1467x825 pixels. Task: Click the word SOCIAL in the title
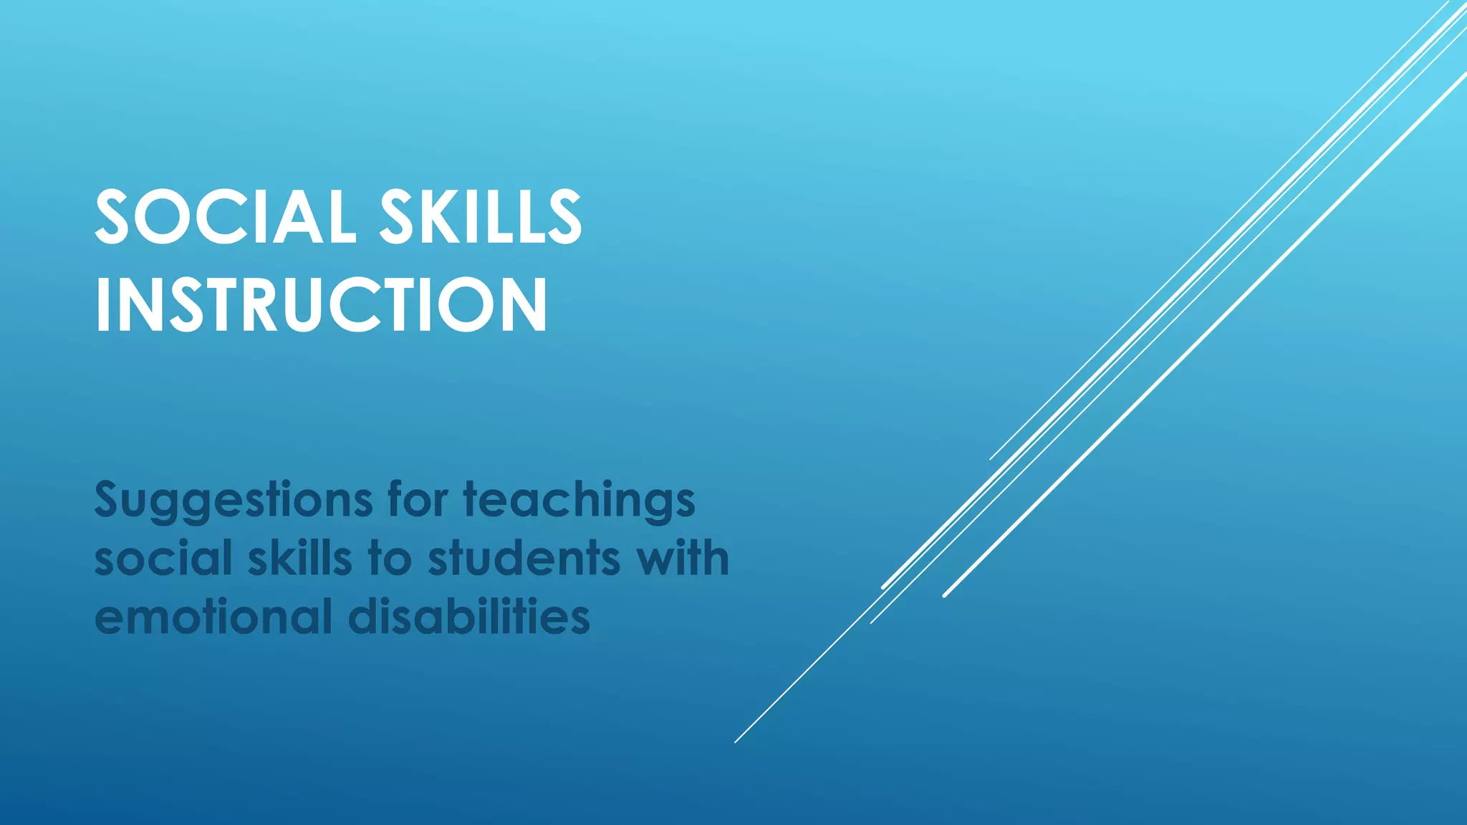coord(225,216)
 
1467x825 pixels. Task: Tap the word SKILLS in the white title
coord(481,216)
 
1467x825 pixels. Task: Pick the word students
coord(524,559)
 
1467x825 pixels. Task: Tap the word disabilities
coord(469,617)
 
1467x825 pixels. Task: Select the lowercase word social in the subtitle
coord(163,559)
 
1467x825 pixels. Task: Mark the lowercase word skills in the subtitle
coord(300,559)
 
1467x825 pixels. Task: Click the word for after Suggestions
coord(418,499)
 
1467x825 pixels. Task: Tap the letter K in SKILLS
coord(434,216)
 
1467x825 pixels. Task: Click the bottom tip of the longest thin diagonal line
coord(736,742)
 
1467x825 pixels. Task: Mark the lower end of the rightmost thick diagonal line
coord(945,595)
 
